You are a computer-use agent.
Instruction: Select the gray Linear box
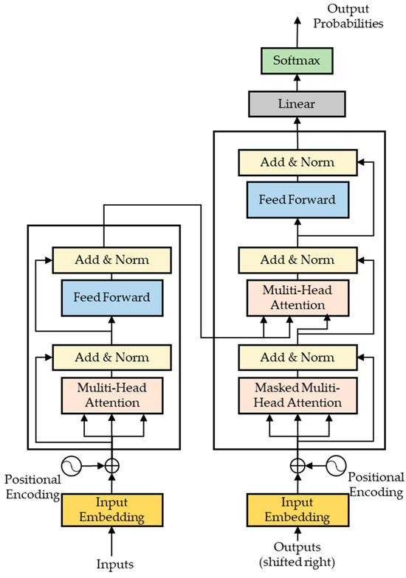[x=297, y=104]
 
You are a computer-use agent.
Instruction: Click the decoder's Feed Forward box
[x=297, y=200]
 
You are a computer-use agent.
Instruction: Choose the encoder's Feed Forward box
[x=111, y=298]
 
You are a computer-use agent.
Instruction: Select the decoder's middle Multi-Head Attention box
[x=297, y=297]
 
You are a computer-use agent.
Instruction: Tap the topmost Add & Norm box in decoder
[x=297, y=162]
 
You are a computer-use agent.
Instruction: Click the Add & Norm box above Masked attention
[x=297, y=357]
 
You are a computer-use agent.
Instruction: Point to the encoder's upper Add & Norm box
[x=111, y=260]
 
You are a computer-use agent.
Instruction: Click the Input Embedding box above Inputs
[x=111, y=509]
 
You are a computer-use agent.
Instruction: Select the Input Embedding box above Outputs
[x=297, y=509]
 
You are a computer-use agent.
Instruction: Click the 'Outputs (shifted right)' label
[x=297, y=555]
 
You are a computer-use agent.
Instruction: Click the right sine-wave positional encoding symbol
[x=339, y=466]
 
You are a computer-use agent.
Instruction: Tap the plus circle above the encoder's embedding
[x=111, y=466]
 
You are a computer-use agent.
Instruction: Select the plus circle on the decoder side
[x=297, y=466]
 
